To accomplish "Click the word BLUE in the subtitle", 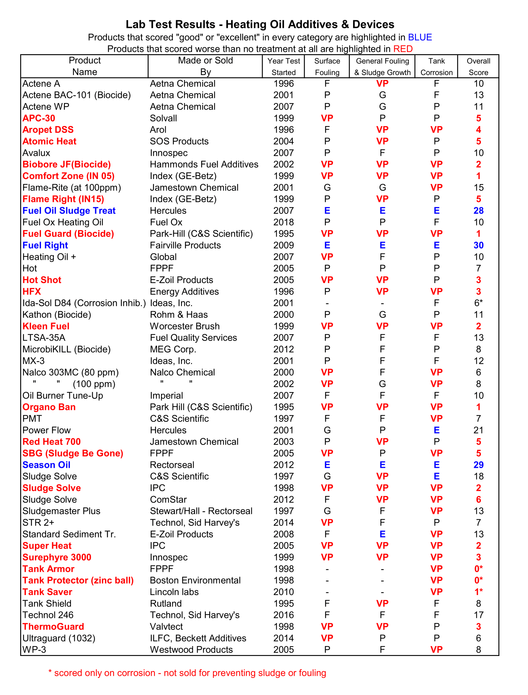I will pos(420,37).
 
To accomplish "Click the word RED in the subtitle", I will pos(403,49).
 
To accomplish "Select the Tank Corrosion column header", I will pos(437,67).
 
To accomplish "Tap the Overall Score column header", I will pos(478,67).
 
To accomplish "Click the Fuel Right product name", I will pos(45,245).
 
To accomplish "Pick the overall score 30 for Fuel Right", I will pos(478,245).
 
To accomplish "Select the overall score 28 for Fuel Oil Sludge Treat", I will pos(478,211).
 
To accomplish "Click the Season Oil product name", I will pos(46,465).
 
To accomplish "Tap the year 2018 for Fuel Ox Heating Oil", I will pos(284,222).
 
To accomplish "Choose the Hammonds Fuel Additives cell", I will pos(204,164).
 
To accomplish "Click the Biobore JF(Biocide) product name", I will pos(67,164).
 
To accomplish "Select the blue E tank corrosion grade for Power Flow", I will pos(437,430).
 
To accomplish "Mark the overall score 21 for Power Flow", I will pos(478,430).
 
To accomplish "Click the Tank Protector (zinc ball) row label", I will pos(78,580).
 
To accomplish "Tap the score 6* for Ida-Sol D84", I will pos(478,303).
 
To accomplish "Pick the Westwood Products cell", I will pos(191,650).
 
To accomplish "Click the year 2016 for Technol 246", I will pos(284,615).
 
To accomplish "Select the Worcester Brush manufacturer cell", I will pos(185,326).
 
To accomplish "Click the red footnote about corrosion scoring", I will pos(187,673).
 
